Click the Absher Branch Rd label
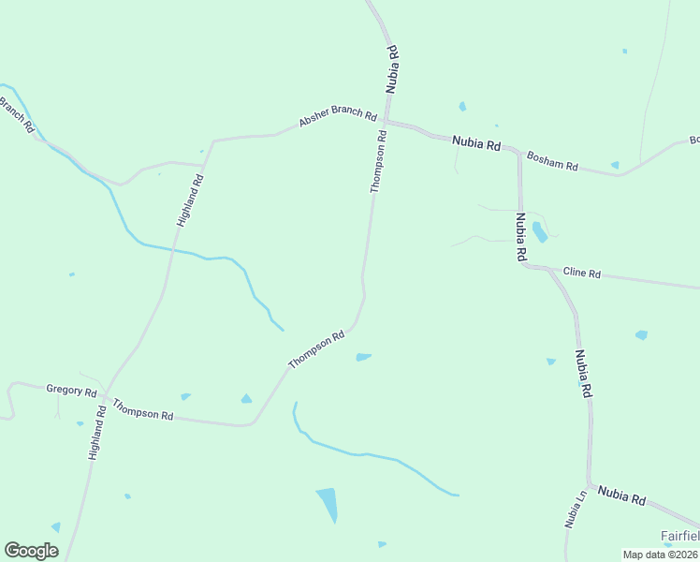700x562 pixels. click(x=338, y=119)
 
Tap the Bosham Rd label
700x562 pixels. click(x=551, y=161)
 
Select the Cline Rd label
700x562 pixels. click(x=581, y=274)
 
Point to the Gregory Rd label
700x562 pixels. click(x=71, y=390)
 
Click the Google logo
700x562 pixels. click(x=32, y=551)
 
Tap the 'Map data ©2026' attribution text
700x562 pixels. click(x=659, y=554)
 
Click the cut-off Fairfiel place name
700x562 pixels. click(x=679, y=536)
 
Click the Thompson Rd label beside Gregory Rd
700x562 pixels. click(x=143, y=408)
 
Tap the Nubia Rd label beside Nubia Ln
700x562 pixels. click(x=621, y=496)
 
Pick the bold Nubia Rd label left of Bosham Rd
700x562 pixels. click(x=476, y=143)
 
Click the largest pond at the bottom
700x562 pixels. click(x=328, y=504)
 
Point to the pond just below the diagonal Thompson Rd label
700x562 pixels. click(x=363, y=357)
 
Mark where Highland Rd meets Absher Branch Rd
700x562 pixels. click(x=212, y=142)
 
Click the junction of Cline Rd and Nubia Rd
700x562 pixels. click(x=525, y=266)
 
